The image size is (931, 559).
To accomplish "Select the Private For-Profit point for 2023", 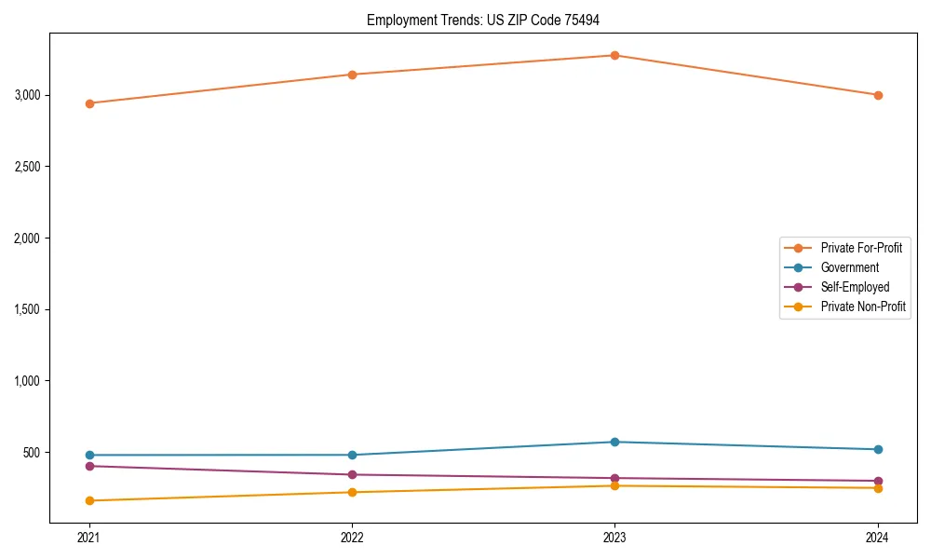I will (614, 55).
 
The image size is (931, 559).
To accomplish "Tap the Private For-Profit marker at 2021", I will (89, 103).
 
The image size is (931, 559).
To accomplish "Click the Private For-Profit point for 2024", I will (878, 95).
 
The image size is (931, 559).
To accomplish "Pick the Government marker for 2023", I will (614, 442).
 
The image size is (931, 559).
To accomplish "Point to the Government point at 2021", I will (89, 455).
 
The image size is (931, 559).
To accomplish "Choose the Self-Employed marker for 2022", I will (352, 474).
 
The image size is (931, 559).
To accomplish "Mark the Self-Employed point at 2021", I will (89, 466).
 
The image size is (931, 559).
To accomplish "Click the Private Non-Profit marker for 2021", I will (89, 500).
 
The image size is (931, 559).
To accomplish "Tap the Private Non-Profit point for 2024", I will (878, 488).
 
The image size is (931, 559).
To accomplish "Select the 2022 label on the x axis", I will (352, 537).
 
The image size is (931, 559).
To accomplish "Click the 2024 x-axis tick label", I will (878, 537).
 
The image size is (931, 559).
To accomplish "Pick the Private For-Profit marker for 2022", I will (352, 75).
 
